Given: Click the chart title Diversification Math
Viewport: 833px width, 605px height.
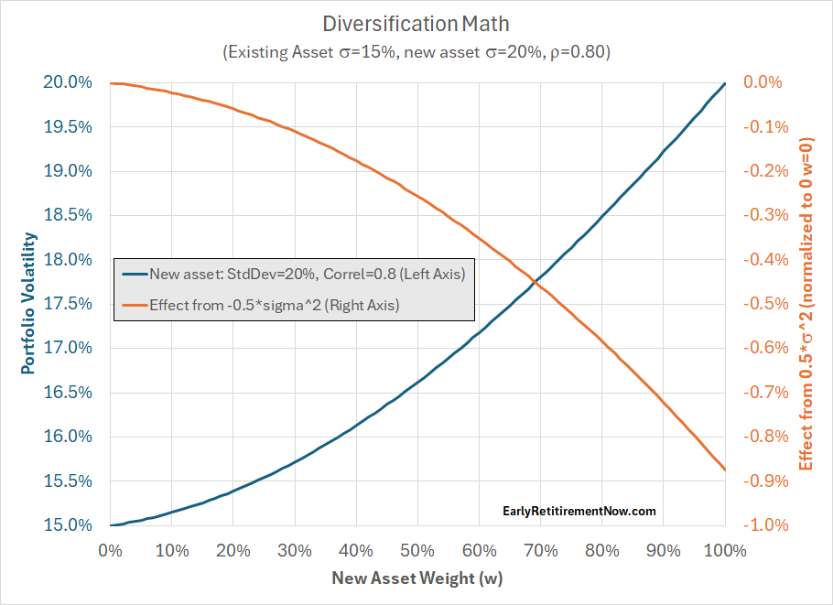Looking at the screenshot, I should coord(416,22).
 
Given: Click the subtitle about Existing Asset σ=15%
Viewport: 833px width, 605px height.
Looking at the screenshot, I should coord(416,52).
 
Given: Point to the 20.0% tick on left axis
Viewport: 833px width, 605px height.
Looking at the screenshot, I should coord(67,82).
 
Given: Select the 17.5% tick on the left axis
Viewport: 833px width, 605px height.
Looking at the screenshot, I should coord(67,304).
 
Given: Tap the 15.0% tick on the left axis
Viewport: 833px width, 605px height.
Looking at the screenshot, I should coord(67,525).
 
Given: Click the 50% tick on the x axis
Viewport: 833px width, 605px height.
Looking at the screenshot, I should coord(417,551).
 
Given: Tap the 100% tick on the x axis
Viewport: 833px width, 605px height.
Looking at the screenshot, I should coord(725,551).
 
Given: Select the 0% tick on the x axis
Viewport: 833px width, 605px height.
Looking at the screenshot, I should coord(110,551).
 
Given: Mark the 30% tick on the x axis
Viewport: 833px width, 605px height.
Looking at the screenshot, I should coord(295,551).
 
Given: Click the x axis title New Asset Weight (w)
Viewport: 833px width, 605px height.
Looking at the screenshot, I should coord(416,578).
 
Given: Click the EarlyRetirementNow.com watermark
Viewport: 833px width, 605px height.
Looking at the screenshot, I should coord(579,512).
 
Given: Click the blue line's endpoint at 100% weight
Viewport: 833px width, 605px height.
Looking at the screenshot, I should coord(725,83).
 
